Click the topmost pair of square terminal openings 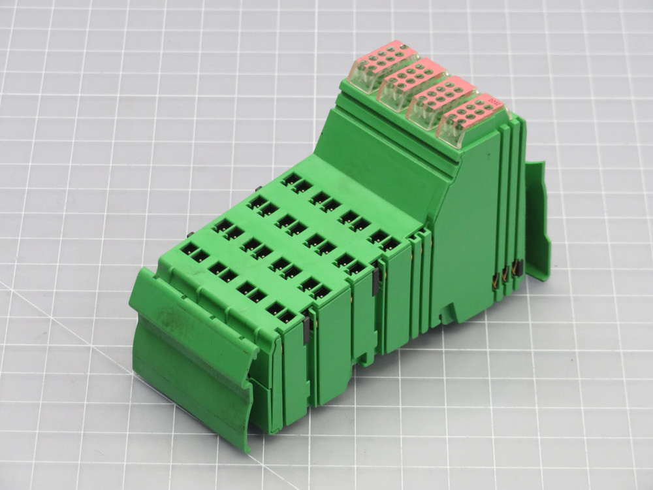pyautogui.click(x=296, y=182)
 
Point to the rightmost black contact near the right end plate pyautogui.click(x=518, y=266)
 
